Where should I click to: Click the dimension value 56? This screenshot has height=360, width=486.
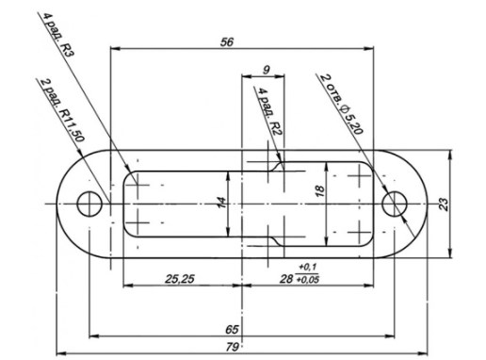tap(227, 42)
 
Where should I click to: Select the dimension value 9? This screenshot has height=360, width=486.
tap(267, 70)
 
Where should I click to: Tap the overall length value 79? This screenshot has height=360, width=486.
tap(233, 347)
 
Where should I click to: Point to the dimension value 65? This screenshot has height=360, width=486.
tap(232, 330)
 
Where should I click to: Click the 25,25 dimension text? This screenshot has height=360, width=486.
tap(180, 279)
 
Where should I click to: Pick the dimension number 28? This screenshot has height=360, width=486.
tap(286, 279)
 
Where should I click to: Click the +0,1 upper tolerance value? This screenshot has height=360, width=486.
tap(308, 268)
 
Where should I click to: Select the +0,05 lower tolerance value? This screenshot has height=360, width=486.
tap(308, 280)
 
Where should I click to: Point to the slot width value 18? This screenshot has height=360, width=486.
tap(319, 191)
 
